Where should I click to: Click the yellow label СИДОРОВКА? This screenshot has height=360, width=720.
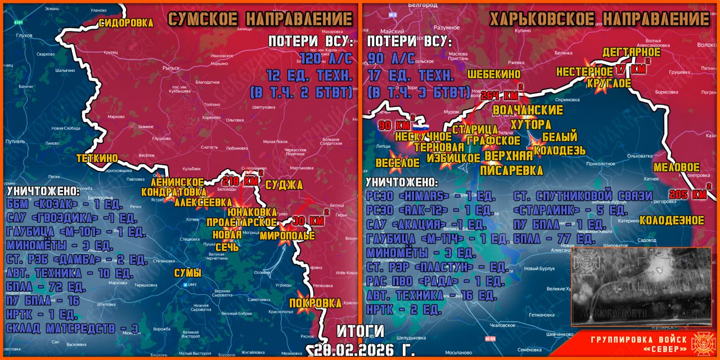126,23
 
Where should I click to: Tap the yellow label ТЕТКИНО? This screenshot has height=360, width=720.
97,158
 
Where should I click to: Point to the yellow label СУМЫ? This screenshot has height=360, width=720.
187,273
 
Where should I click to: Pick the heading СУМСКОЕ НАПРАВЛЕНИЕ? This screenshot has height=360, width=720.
260,19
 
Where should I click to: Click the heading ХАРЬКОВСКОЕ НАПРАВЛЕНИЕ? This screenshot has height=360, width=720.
599,19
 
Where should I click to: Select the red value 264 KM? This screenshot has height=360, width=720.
499,95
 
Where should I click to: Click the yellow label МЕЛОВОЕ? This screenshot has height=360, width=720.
676,168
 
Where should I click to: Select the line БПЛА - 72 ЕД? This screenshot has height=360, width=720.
46,287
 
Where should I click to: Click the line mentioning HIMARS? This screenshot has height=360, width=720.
430,196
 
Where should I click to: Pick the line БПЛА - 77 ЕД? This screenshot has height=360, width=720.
554,238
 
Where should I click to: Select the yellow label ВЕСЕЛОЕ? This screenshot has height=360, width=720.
397,163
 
